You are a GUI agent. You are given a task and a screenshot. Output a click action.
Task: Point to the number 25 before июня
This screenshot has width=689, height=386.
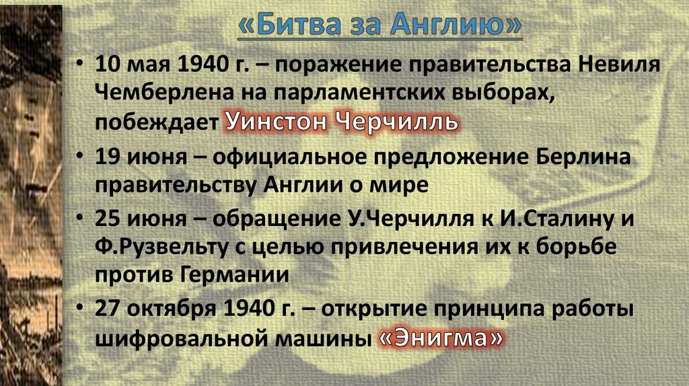[107, 218]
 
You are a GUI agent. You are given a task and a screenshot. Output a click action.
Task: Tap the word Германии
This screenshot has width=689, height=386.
[235, 274]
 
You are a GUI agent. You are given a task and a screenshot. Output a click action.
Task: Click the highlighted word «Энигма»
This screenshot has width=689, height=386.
[440, 338]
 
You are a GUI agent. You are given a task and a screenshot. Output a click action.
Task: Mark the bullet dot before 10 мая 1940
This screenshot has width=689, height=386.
[80, 65]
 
